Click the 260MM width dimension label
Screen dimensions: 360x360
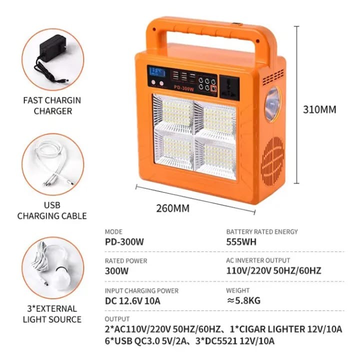pyautogui.click(x=173, y=208)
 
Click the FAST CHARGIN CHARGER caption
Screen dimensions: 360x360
pyautogui.click(x=52, y=105)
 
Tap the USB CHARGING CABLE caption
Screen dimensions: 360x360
pyautogui.click(x=52, y=211)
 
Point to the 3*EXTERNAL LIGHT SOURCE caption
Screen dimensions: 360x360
pyautogui.click(x=51, y=314)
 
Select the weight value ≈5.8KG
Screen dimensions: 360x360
pyautogui.click(x=243, y=300)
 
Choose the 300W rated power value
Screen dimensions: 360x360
pyautogui.click(x=116, y=271)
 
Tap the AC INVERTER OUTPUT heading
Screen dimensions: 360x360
pyautogui.click(x=258, y=261)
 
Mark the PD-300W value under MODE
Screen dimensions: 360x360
pyautogui.click(x=124, y=241)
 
